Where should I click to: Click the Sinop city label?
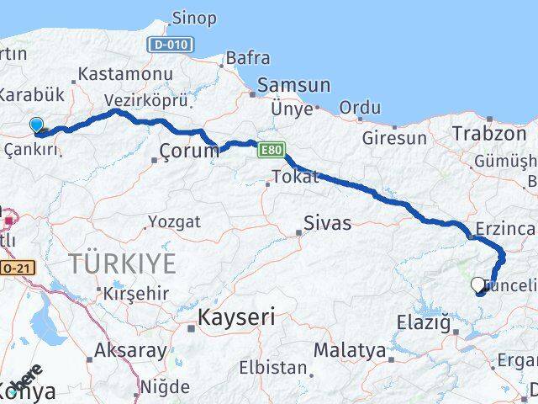point(193,18)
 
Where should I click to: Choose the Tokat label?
point(295,177)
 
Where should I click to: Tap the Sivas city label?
point(327,224)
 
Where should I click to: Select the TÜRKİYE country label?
point(123,263)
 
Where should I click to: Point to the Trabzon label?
point(489,133)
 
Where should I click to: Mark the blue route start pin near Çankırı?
point(36,125)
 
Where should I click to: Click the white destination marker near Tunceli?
point(478,284)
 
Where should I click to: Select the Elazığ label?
point(425,322)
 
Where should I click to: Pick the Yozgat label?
point(174,222)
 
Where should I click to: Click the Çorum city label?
point(183,153)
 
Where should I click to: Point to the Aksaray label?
point(131,350)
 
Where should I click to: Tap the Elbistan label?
point(272,368)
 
